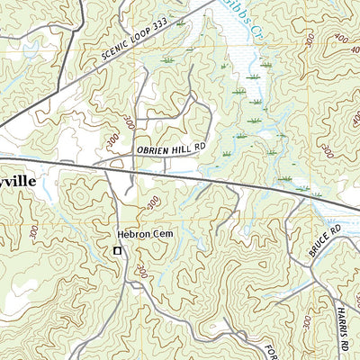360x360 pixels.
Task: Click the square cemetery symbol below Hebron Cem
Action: (x=116, y=251)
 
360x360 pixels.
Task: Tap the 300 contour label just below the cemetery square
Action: (x=142, y=270)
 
